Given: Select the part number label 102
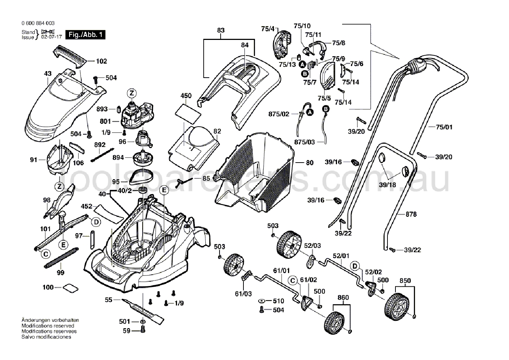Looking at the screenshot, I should point(101,61).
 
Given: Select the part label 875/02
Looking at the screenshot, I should point(279,114).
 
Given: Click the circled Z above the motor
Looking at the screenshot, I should point(132,93).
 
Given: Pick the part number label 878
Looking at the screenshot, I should point(411,214).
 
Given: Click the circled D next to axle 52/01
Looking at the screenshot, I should point(355,266).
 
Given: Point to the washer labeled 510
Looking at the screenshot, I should point(261,301).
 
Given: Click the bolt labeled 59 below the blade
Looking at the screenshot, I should point(143,330).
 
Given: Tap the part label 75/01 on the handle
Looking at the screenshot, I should point(444,127).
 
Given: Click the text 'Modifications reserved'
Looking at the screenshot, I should point(48,326).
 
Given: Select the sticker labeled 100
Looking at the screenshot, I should point(70,288).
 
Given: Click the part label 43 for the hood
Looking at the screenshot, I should point(48,74).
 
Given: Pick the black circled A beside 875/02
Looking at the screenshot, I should point(309,112).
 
